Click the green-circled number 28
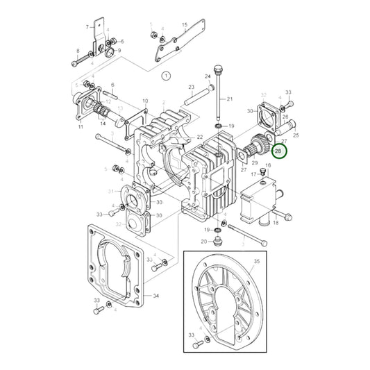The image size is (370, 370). pyautogui.click(x=280, y=150)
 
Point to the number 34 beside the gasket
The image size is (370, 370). pyautogui.click(x=155, y=296)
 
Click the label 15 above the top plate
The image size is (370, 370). pyautogui.click(x=185, y=25)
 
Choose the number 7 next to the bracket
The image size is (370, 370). pyautogui.click(x=87, y=27)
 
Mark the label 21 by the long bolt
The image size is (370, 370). pyautogui.click(x=230, y=99)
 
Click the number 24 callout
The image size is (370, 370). pyautogui.click(x=207, y=76)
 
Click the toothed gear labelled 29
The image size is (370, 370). pyautogui.click(x=258, y=146)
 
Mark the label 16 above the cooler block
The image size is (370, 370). pyautogui.click(x=268, y=165)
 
